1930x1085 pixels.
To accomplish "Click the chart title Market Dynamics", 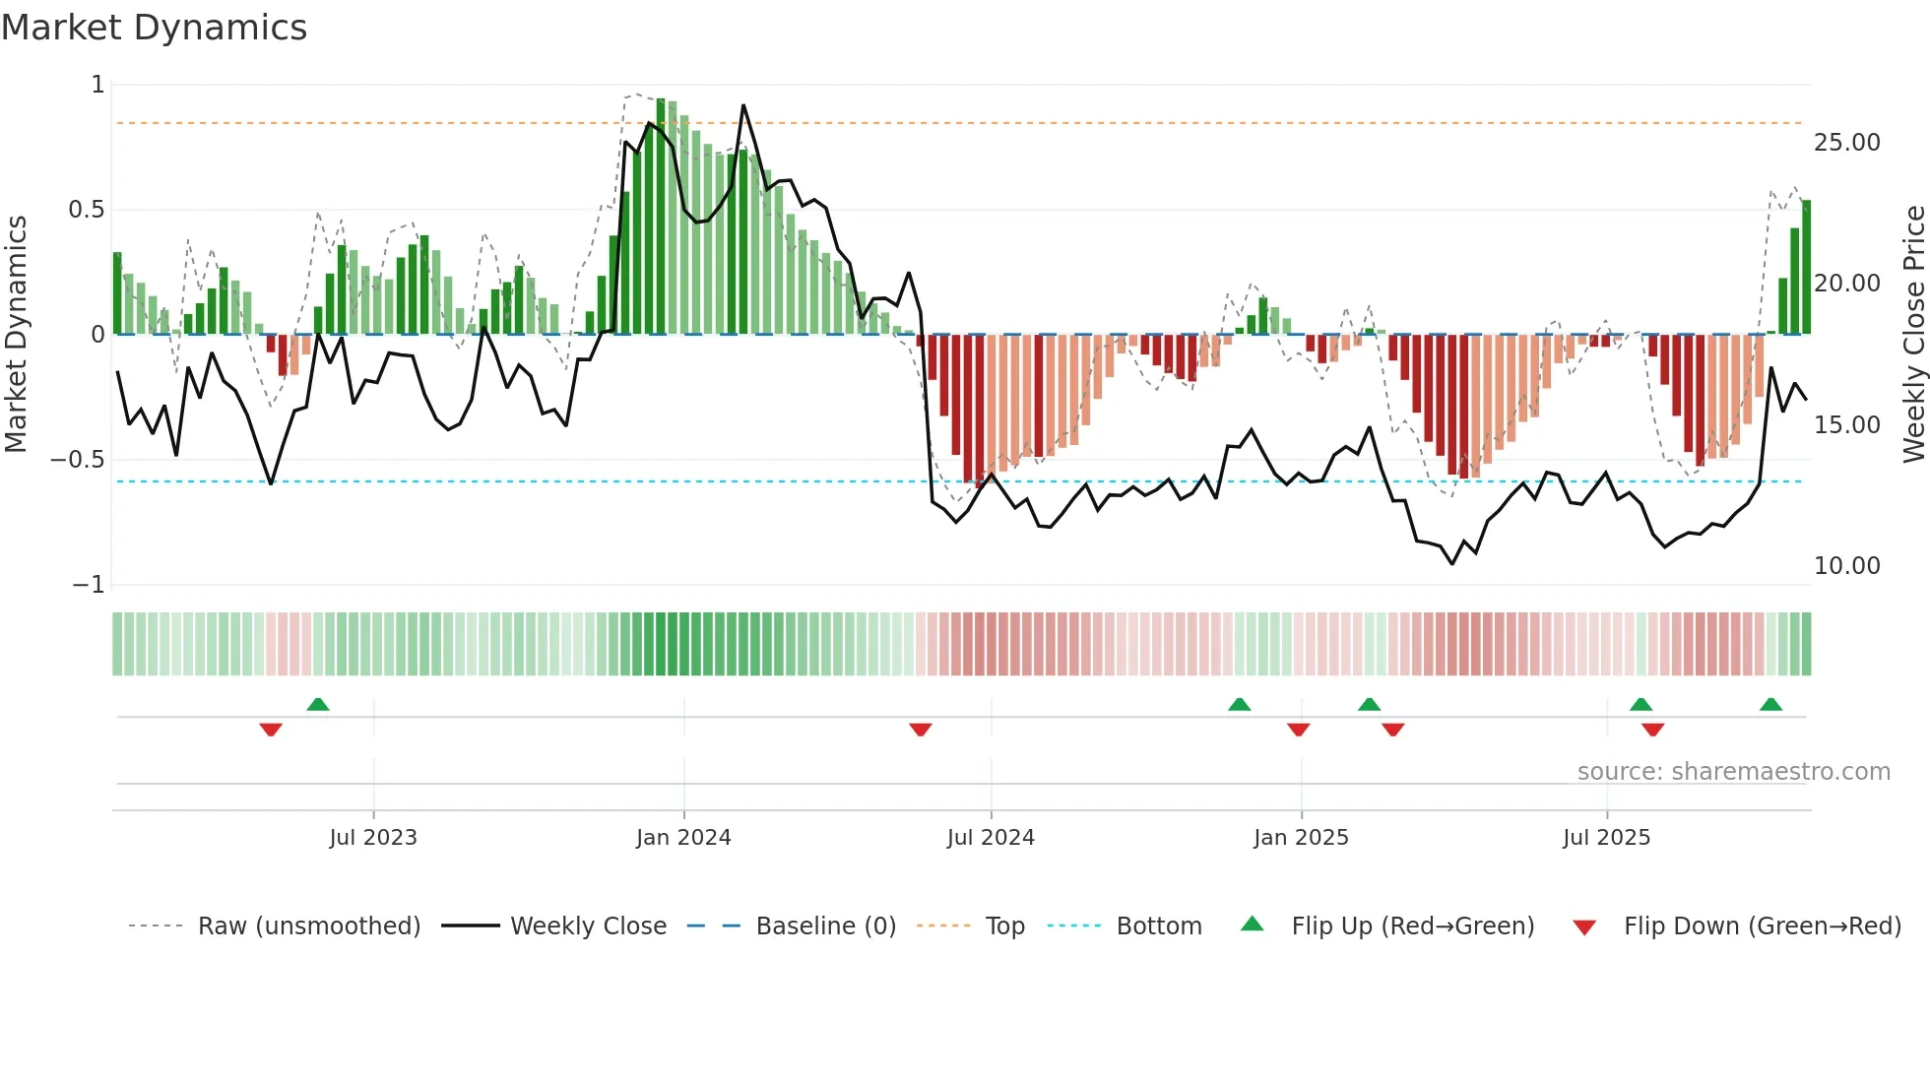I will click(154, 28).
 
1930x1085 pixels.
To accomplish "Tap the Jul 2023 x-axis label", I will click(373, 838).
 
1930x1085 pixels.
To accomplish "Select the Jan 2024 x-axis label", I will click(683, 838).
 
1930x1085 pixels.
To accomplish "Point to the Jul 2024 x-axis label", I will click(991, 838).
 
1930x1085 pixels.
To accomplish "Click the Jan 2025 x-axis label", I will click(1301, 838).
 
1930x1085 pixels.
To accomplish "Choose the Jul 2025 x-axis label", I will click(1606, 838).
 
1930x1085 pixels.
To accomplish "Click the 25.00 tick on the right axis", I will click(1846, 143).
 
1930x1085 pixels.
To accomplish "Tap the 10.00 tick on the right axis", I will click(1846, 566).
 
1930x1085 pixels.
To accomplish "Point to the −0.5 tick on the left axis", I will click(77, 460).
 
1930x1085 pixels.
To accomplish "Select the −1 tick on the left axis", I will click(88, 585).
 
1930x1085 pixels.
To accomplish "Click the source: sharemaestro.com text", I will click(1733, 772).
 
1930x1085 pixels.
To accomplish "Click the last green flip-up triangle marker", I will click(1770, 704).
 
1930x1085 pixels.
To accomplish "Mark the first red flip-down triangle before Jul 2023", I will click(271, 730).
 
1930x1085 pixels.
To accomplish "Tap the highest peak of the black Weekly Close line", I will click(743, 105).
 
